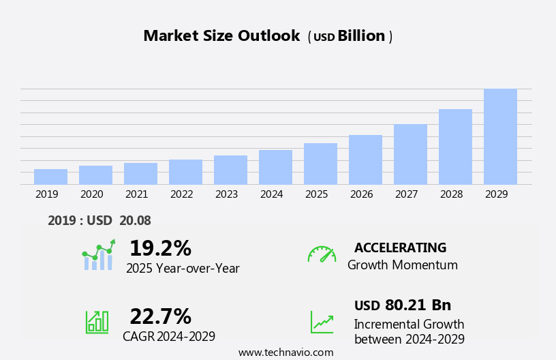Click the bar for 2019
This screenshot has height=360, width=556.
pyautogui.click(x=50, y=177)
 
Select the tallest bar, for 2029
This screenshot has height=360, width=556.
pyautogui.click(x=500, y=136)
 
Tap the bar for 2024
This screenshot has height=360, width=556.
pyautogui.click(x=275, y=167)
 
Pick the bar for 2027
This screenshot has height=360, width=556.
pyautogui.click(x=410, y=154)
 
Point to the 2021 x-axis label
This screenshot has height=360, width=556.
pyautogui.click(x=136, y=194)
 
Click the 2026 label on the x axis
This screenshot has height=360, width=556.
pyautogui.click(x=361, y=194)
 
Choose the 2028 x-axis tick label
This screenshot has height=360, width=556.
pyautogui.click(x=451, y=194)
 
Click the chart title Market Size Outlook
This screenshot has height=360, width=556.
pyautogui.click(x=221, y=36)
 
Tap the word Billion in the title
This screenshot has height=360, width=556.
pyautogui.click(x=361, y=36)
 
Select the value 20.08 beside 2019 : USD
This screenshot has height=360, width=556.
pyautogui.click(x=136, y=220)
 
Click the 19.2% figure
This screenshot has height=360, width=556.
pyautogui.click(x=160, y=248)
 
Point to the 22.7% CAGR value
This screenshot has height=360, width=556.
pyautogui.click(x=160, y=316)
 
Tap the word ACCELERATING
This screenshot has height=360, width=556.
pyautogui.click(x=400, y=247)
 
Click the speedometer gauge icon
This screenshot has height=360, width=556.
pyautogui.click(x=322, y=254)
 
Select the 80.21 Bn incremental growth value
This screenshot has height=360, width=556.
pyautogui.click(x=418, y=305)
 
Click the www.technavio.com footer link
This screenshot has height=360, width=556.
pyautogui.click(x=285, y=352)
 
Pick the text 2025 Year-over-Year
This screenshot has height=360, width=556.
pyautogui.click(x=183, y=269)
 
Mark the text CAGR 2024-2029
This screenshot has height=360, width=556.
pyautogui.click(x=169, y=336)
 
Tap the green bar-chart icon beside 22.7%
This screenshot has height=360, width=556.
pyautogui.click(x=96, y=322)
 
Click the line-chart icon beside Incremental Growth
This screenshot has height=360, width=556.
pyautogui.click(x=322, y=322)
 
